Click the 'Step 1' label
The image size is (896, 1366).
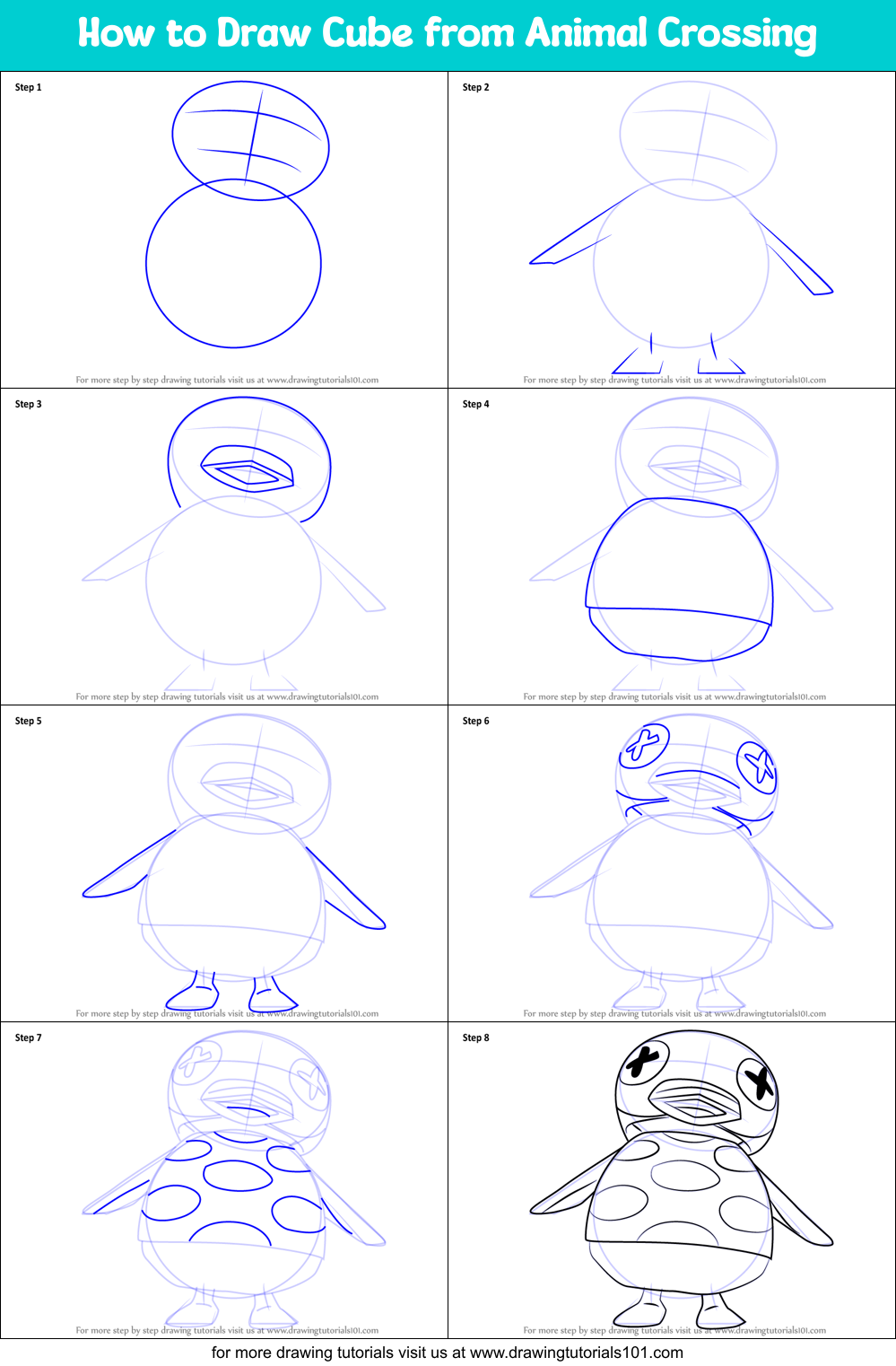(x=28, y=87)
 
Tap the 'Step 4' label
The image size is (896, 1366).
(x=475, y=404)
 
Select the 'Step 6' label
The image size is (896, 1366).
(x=475, y=721)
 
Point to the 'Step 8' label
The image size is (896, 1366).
(x=475, y=1038)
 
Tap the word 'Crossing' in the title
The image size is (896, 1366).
(x=736, y=34)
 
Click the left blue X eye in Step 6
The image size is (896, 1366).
(x=643, y=745)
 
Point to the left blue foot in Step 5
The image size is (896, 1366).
(x=192, y=994)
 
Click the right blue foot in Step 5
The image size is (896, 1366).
(x=273, y=996)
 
